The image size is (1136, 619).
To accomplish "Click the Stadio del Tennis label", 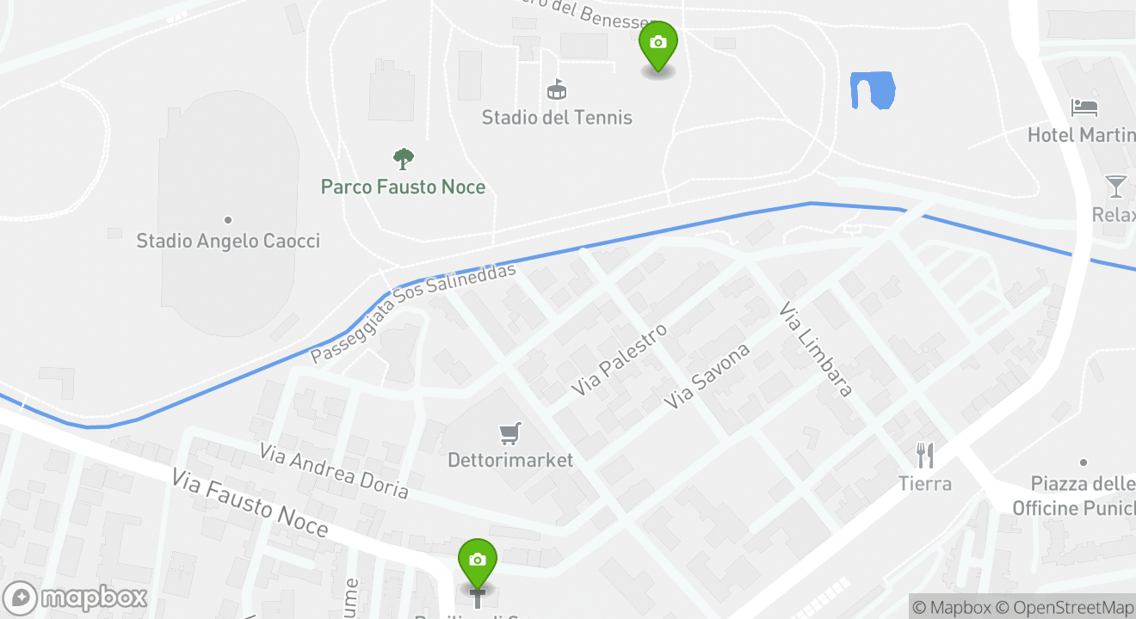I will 557,118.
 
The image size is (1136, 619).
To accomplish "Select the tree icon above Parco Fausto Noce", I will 403,158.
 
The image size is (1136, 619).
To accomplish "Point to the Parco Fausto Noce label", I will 403,187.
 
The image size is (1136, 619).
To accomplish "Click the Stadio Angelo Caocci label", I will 228,241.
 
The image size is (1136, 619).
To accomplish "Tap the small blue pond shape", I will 872,90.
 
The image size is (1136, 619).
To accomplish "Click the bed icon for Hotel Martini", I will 1084,107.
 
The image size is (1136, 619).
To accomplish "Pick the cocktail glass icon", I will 1116,187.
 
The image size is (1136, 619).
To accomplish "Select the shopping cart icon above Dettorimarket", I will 510,433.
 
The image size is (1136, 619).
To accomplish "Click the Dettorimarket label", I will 510,461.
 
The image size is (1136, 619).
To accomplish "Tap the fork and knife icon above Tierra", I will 925,455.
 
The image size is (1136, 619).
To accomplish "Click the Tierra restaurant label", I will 925,483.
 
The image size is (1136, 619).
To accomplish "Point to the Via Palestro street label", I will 620,359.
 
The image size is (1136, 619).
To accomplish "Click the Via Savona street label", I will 708,376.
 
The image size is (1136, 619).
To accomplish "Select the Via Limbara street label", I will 816,349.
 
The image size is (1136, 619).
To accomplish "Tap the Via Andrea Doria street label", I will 334,470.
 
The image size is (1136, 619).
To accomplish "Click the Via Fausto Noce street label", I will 250,502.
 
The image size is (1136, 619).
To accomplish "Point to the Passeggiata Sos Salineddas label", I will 413,312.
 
